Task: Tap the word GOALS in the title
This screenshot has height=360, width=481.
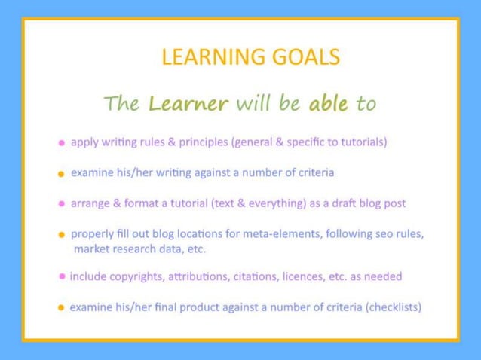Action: [301, 57]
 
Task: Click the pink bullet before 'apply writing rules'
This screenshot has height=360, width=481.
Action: [61, 142]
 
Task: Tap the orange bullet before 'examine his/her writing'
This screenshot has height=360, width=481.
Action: [61, 174]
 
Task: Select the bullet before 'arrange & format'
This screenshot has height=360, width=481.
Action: [61, 203]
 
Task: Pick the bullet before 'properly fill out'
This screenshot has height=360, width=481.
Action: [61, 234]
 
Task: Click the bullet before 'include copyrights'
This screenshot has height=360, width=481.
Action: [61, 276]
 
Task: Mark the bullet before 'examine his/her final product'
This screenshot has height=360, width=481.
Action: [61, 307]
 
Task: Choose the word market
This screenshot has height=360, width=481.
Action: [91, 249]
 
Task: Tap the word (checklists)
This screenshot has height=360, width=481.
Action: [390, 307]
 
